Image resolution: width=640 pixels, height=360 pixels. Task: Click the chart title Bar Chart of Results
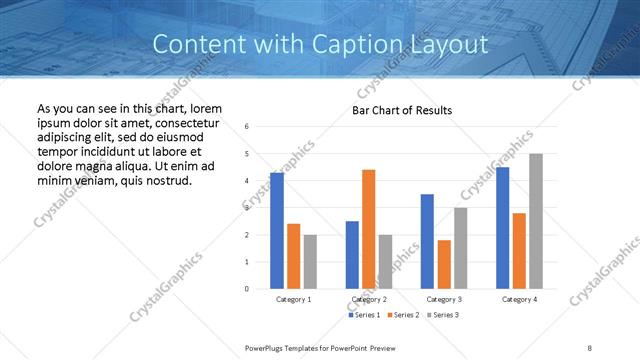(x=401, y=110)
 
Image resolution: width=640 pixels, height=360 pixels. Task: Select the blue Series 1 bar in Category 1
(x=276, y=231)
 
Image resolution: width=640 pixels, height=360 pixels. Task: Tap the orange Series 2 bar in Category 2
(x=368, y=229)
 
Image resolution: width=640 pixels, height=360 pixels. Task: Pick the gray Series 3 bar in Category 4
(x=536, y=221)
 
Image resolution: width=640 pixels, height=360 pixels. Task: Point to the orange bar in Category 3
(x=444, y=264)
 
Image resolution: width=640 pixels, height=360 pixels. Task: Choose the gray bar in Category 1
(x=310, y=262)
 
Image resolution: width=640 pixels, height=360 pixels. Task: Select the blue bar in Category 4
(x=502, y=228)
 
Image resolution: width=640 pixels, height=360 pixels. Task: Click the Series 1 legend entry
(x=366, y=315)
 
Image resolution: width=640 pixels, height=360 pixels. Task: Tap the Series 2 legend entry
(x=403, y=315)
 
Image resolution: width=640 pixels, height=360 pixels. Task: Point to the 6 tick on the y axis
(x=247, y=126)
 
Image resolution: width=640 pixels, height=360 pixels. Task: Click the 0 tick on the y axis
(x=247, y=289)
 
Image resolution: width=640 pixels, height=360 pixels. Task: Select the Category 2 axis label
(x=369, y=299)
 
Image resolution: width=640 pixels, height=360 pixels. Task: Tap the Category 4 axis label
(x=519, y=299)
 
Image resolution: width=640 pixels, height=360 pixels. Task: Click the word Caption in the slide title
(x=376, y=44)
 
